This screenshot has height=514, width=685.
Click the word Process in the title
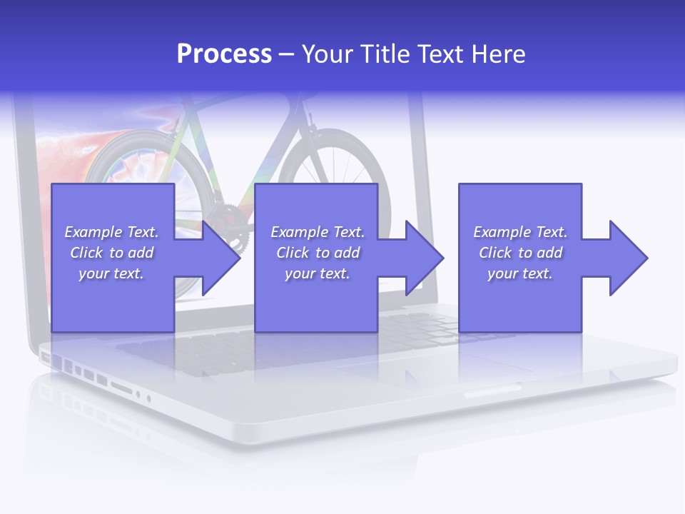coord(224,54)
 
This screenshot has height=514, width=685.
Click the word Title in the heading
coord(385,54)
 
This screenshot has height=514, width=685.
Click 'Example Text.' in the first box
coord(111,232)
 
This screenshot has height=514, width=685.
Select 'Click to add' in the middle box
coord(318,253)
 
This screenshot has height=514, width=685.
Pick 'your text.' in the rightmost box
coord(519,273)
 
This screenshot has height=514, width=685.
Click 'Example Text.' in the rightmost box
coord(520,232)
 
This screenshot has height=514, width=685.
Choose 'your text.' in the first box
coord(111,273)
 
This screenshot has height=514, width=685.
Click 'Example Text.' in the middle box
coord(318,232)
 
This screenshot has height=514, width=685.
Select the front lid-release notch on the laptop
coord(492,390)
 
